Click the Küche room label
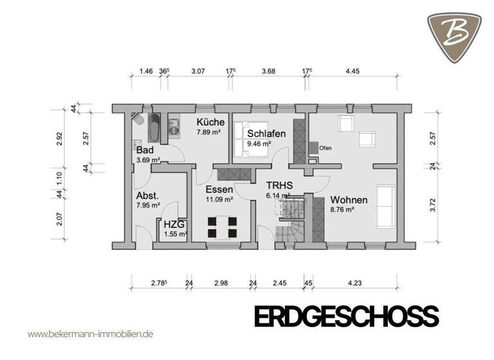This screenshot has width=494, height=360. click(x=210, y=122)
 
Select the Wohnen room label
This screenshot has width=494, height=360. click(x=349, y=199)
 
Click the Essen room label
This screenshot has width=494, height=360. click(x=219, y=190)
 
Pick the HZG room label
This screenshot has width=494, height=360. click(x=174, y=224)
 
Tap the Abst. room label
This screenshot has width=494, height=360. click(x=147, y=195)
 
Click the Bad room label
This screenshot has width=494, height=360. click(x=143, y=150)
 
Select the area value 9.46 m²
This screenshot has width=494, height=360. click(x=257, y=145)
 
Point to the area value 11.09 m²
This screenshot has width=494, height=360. click(x=219, y=200)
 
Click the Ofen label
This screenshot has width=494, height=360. click(x=325, y=147)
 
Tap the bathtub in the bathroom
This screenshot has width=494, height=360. click(x=154, y=128)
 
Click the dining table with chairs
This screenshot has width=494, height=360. click(x=222, y=227)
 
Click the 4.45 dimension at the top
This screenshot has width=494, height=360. click(x=352, y=72)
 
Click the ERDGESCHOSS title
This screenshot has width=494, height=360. click(x=346, y=318)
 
